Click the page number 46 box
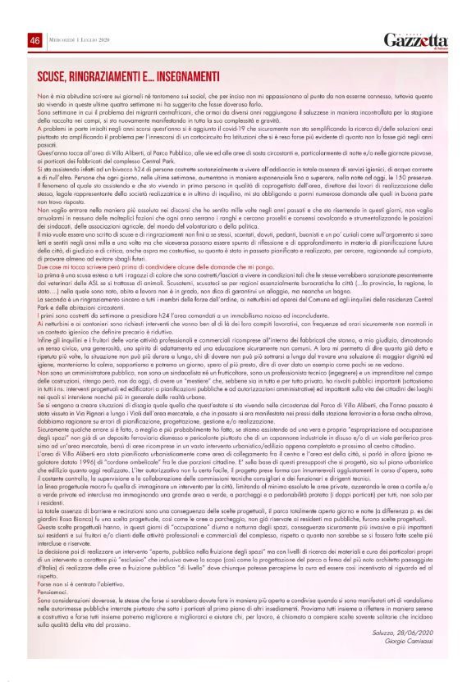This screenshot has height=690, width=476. pyautogui.click(x=34, y=40)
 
